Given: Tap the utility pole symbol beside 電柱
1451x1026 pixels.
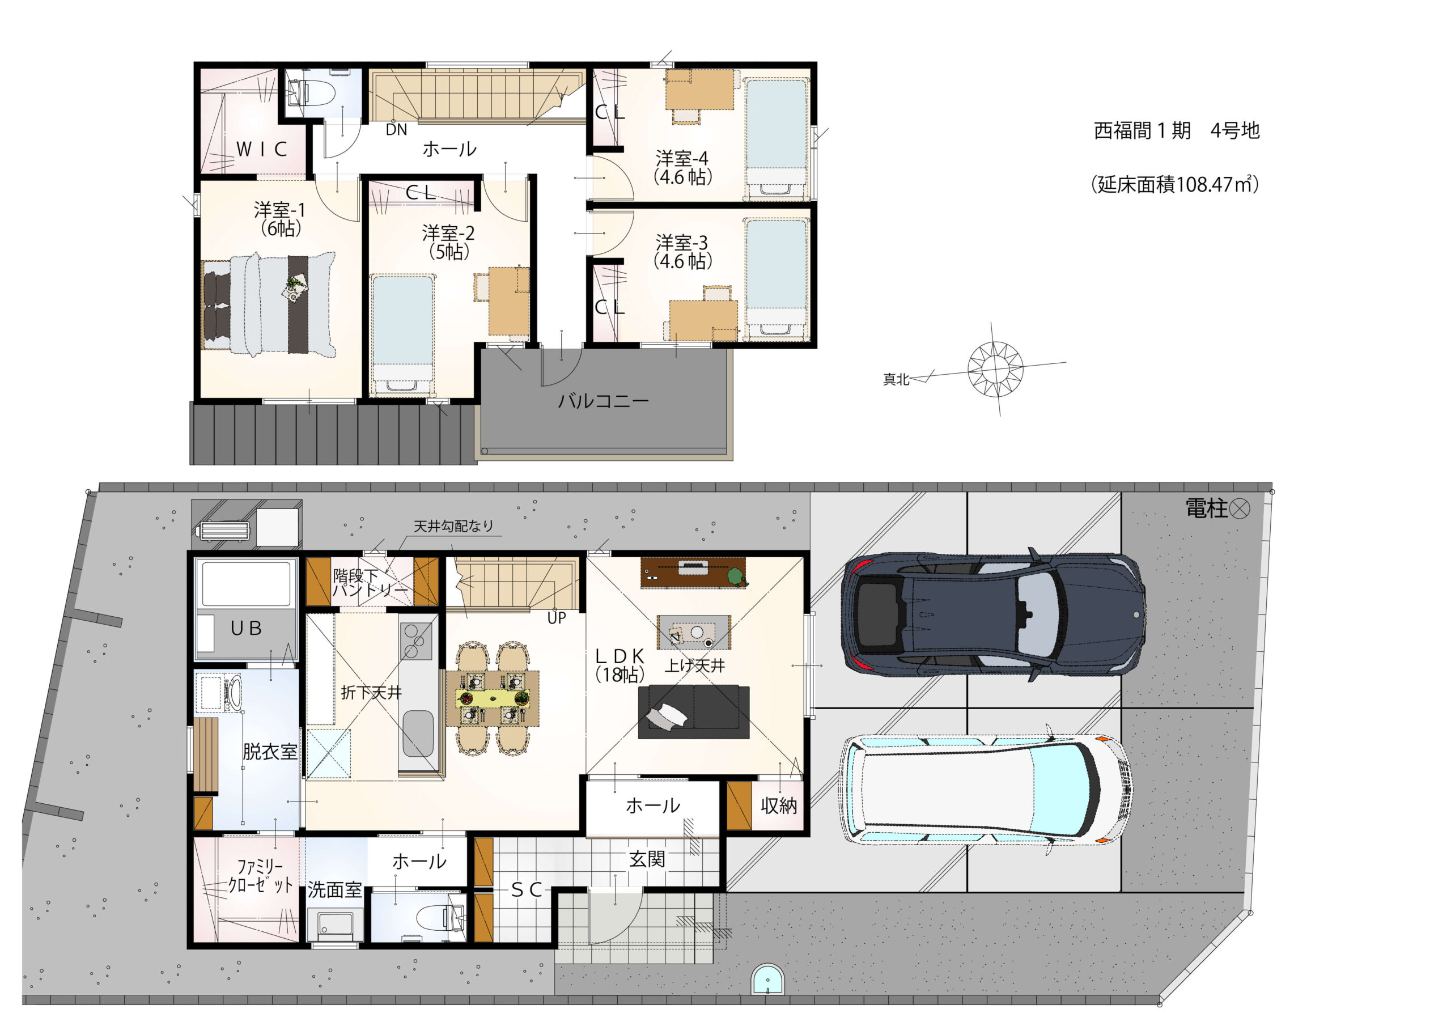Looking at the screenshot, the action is tap(1240, 509).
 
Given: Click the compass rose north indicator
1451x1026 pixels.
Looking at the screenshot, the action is tap(995, 368).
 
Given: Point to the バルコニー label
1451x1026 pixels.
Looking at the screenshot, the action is tap(603, 401).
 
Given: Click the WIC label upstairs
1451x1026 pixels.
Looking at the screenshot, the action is tap(262, 149).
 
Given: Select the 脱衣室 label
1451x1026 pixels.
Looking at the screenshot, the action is tap(270, 752).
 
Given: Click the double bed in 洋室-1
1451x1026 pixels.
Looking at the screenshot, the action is tap(269, 306).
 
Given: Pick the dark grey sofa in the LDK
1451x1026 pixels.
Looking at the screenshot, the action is tap(693, 712).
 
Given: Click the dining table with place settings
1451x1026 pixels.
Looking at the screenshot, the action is tap(493, 698).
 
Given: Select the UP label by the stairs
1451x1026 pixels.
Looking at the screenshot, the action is tap(557, 618).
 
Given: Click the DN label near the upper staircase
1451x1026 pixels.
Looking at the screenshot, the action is tap(396, 130).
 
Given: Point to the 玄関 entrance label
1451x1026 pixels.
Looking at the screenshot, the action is tap(647, 859).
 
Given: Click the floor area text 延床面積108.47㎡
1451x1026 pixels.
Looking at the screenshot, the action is tap(1175, 185).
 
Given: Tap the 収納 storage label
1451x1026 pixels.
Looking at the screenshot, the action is tap(779, 806).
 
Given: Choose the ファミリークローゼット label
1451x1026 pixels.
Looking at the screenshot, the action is tap(260, 876).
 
